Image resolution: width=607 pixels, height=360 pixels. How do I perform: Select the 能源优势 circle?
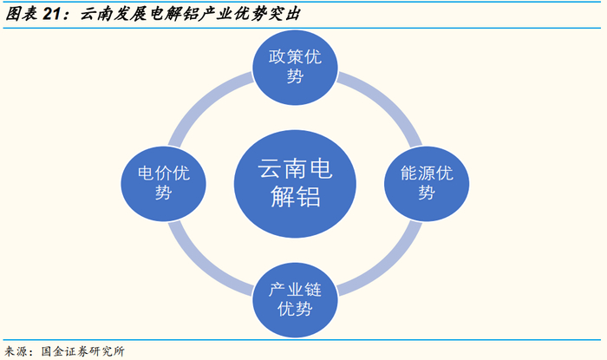(x=426, y=182)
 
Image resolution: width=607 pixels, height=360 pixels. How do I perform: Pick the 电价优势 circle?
(x=163, y=182)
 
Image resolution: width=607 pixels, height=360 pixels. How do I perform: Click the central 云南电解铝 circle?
(x=295, y=182)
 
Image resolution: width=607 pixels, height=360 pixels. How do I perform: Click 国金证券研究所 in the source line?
(x=83, y=351)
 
